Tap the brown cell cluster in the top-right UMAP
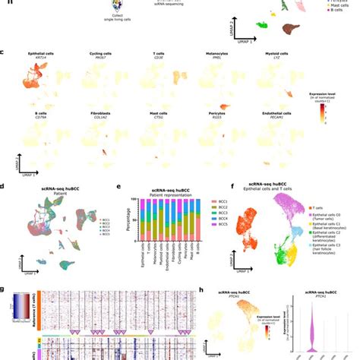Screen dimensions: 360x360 291,27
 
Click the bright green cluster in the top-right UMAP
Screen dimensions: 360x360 262,25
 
